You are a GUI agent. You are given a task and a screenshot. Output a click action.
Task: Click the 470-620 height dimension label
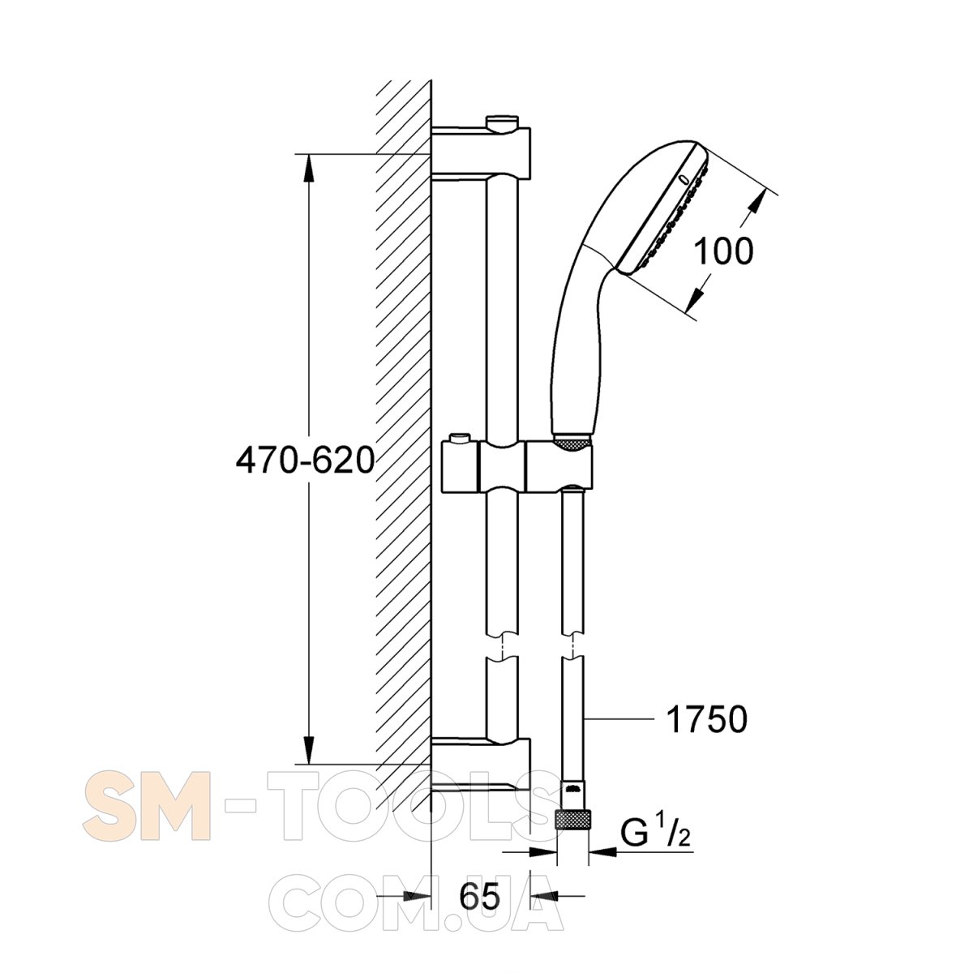(x=305, y=461)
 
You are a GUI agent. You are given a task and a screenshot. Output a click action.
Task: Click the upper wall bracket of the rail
(x=481, y=152)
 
